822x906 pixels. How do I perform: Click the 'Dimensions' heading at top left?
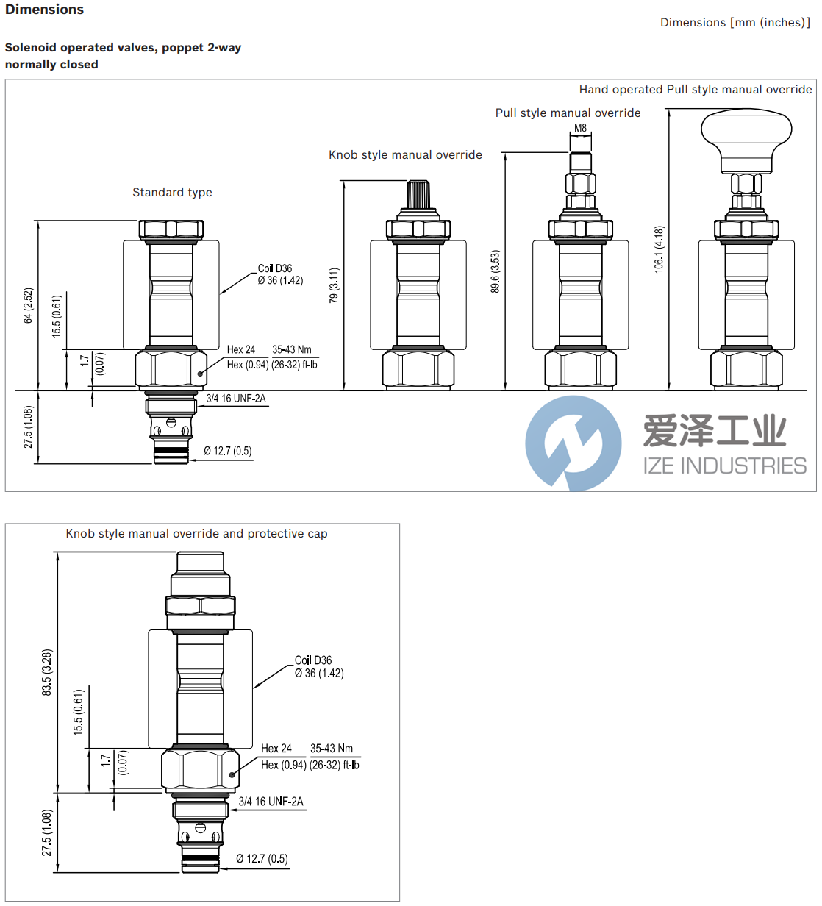point(44,10)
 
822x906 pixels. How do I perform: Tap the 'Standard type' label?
point(172,193)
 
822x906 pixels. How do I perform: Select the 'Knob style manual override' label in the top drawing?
point(405,155)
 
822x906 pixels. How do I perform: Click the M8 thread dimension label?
point(580,128)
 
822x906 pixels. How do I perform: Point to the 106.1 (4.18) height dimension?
point(659,249)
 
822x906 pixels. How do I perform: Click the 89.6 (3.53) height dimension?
point(495,271)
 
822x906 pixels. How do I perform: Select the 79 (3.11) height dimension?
point(334,285)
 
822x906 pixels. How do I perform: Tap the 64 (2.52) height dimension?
point(28,305)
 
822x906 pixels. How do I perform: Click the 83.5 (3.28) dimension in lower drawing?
point(47,672)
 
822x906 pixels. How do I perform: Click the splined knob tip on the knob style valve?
point(418,194)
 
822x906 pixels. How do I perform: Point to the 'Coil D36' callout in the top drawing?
point(275,268)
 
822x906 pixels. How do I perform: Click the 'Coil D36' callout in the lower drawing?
point(313,660)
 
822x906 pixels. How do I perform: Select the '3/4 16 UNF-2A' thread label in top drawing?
point(236,399)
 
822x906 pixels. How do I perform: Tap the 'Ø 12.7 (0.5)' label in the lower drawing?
point(262,859)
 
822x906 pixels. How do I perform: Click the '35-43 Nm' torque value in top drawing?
point(292,350)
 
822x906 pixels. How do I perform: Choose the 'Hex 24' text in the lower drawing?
point(276,749)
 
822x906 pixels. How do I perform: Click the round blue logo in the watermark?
point(573,443)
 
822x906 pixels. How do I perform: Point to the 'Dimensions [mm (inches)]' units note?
point(735,23)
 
